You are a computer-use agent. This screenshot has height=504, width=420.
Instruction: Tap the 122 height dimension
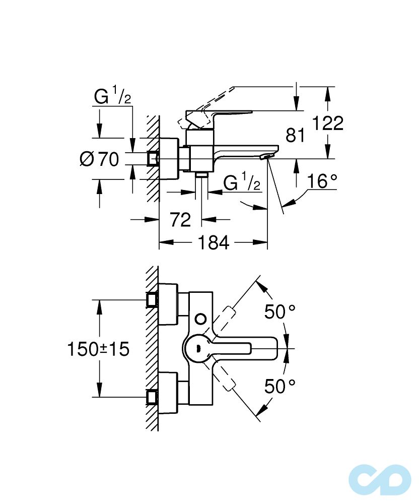point(327,122)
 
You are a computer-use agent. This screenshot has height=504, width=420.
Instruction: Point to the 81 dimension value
point(296,135)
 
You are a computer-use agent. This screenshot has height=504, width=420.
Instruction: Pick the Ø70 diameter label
point(99,159)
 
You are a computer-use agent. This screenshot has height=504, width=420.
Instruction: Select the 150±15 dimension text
point(98,348)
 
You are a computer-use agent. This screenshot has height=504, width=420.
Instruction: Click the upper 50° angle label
point(280,312)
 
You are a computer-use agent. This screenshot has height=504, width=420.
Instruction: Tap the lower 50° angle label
point(280,387)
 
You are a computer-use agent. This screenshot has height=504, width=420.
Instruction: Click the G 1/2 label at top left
point(112,96)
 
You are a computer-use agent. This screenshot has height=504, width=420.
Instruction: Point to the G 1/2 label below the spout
point(241,182)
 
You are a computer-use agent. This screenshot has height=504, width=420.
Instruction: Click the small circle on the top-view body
point(200,319)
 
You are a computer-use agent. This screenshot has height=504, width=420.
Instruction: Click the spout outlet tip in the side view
point(265,158)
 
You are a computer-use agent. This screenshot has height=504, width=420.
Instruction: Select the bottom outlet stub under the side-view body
point(202,175)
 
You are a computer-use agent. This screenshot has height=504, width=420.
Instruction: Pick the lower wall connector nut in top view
point(152,397)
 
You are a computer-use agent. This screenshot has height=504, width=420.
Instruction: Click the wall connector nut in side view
point(152,159)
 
